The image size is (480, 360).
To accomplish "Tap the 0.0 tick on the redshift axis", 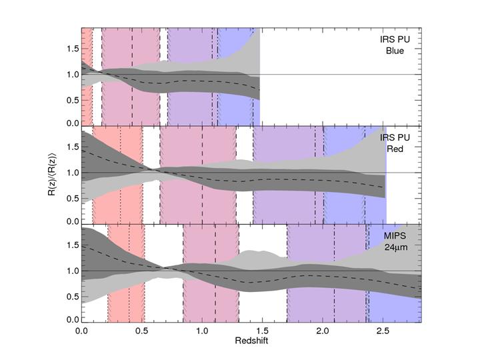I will point(81,330).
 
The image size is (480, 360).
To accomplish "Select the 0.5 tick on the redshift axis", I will point(142,330).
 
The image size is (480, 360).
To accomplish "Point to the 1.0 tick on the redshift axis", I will point(202,330).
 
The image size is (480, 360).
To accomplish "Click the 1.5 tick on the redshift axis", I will point(263,330).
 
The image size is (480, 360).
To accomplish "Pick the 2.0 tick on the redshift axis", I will point(323,330).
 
